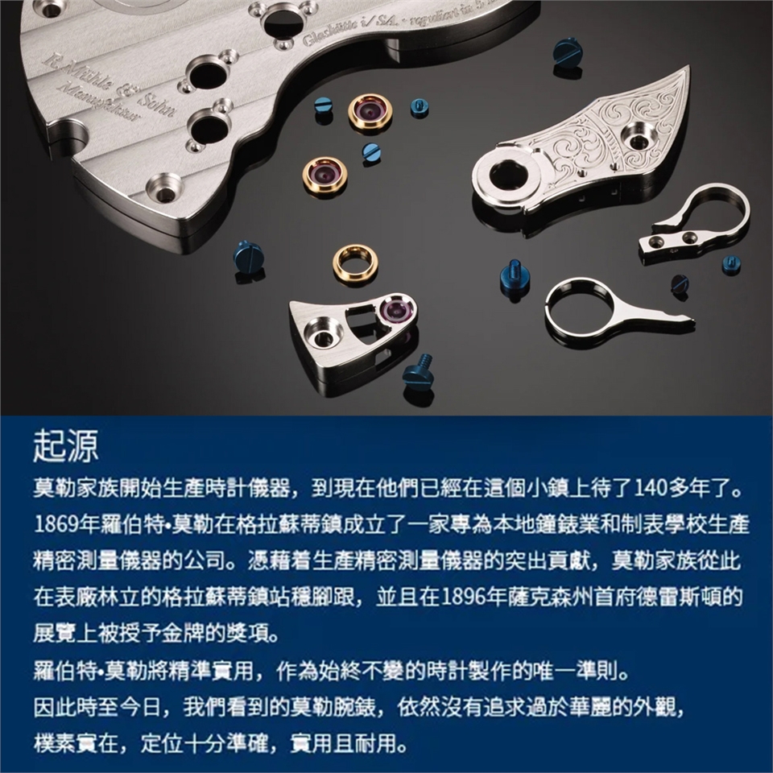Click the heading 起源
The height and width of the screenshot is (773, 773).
click(65, 446)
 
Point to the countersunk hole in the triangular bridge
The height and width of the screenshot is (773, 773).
click(321, 337)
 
